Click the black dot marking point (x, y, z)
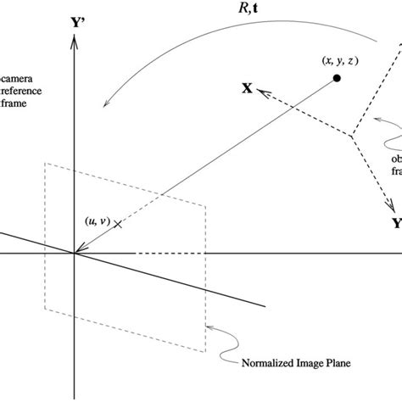tap(337, 79)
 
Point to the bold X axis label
tap(247, 87)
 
